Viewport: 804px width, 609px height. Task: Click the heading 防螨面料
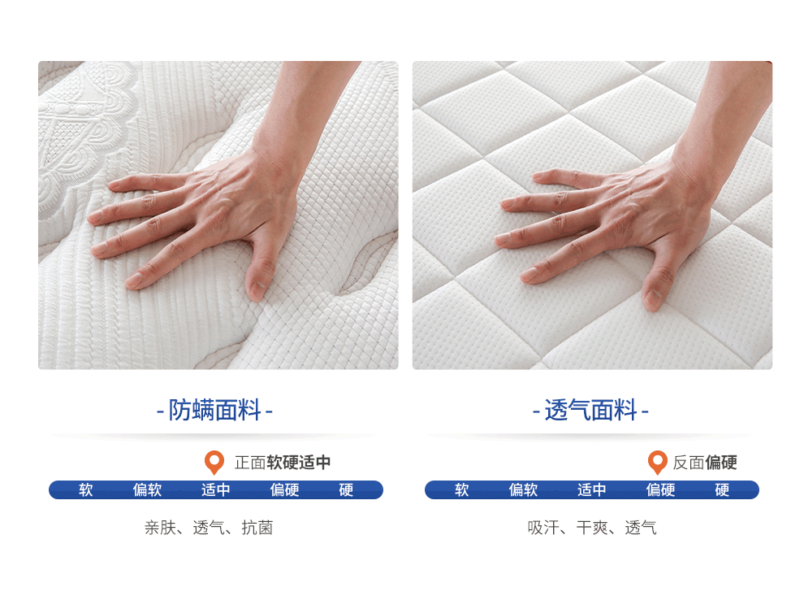[214, 411]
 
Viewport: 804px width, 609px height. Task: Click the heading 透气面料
[590, 411]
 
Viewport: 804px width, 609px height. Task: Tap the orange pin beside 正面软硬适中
[214, 462]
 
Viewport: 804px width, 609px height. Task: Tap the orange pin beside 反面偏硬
[657, 462]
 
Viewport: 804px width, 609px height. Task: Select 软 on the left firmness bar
[85, 489]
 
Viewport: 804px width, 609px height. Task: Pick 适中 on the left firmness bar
[215, 489]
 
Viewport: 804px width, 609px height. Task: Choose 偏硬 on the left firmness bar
[284, 489]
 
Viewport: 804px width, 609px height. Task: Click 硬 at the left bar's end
[346, 489]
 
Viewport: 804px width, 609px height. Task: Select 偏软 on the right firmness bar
[523, 489]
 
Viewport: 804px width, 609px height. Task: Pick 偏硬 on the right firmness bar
[660, 489]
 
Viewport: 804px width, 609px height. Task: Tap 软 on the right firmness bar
[461, 489]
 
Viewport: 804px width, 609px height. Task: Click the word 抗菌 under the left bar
[257, 528]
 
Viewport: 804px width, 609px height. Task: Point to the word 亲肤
[160, 528]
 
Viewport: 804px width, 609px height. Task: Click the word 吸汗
[543, 528]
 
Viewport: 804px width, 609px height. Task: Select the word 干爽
[592, 528]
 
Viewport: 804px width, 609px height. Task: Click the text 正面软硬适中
[283, 463]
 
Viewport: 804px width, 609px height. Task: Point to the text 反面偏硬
[705, 463]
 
